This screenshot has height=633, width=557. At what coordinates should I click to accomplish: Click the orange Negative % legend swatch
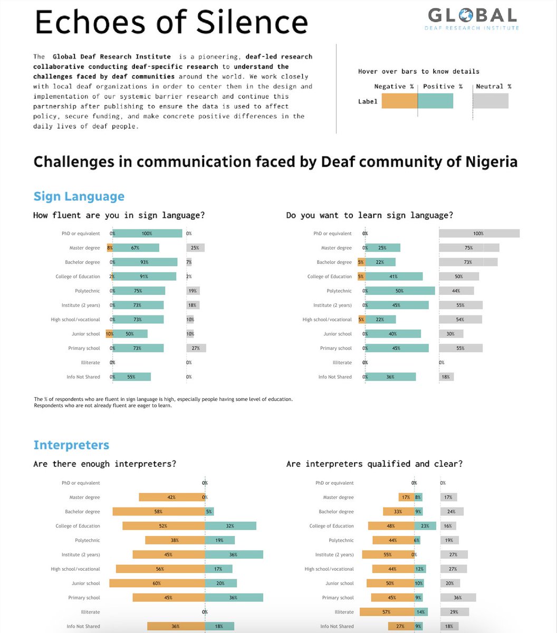point(399,101)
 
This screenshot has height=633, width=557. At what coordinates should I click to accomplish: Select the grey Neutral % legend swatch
point(491,101)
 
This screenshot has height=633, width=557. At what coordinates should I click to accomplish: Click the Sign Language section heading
point(79,196)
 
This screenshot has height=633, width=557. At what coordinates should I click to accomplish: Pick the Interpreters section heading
point(71,445)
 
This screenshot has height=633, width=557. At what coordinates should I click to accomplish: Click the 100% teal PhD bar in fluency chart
point(147,233)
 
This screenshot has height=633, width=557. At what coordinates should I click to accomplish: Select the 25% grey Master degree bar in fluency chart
point(195,247)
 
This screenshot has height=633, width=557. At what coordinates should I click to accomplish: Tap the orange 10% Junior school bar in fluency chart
point(109,334)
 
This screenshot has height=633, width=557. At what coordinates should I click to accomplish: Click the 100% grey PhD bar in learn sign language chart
point(479,233)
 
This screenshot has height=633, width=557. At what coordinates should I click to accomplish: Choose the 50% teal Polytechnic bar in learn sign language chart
point(400,291)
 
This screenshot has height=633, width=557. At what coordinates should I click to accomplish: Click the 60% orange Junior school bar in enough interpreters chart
point(157,583)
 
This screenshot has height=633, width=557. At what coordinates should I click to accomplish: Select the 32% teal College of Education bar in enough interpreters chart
point(231,526)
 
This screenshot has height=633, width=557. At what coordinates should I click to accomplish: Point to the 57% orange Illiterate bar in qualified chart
point(387,612)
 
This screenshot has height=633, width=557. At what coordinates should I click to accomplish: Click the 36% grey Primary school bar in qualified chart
point(458,598)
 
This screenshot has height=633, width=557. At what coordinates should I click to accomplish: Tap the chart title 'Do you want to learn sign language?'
point(369,215)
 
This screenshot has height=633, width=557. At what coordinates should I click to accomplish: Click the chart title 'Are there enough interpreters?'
point(104,464)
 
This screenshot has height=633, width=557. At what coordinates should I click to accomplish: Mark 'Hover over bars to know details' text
point(418,71)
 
